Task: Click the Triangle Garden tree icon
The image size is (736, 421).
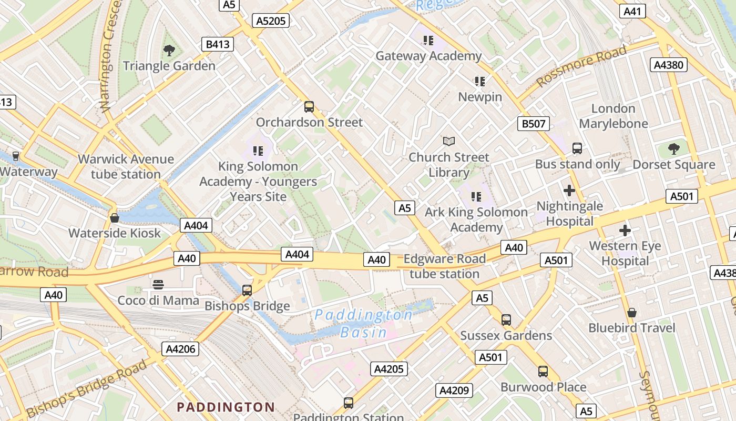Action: tap(169, 51)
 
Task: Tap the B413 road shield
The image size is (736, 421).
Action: tap(218, 44)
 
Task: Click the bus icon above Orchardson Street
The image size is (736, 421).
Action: tap(309, 107)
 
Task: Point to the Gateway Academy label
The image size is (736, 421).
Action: tap(428, 56)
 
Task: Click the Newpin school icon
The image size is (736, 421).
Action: tap(479, 82)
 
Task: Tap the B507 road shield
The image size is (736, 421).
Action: tap(533, 124)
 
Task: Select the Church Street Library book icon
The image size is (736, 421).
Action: tap(448, 141)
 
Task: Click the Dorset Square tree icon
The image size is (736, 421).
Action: tap(673, 149)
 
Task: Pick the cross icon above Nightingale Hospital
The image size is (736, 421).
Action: tap(569, 191)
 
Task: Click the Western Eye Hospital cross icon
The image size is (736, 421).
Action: tap(625, 230)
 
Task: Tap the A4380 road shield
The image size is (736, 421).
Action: tap(669, 65)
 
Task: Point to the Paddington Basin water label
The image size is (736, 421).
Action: tap(363, 323)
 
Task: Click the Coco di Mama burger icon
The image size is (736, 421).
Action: tap(158, 285)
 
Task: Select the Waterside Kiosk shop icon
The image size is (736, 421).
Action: tap(114, 217)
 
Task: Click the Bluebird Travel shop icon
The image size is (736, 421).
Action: tap(631, 313)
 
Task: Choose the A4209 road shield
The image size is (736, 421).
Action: tap(454, 390)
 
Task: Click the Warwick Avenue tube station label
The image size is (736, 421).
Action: tap(126, 166)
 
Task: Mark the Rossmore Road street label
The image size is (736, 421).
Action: tap(581, 66)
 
